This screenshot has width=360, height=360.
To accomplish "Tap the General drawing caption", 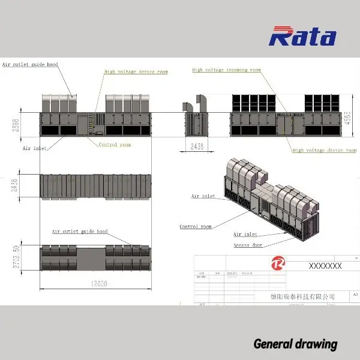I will [295, 344].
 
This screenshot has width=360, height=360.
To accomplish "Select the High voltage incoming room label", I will [226, 70].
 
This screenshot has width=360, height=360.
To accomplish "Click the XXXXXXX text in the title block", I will [325, 265].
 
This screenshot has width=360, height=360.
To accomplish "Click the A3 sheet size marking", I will [355, 295].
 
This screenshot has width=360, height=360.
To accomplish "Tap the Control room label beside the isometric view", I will [196, 227].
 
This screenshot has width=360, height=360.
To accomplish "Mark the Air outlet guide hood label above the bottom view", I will [79, 231].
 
